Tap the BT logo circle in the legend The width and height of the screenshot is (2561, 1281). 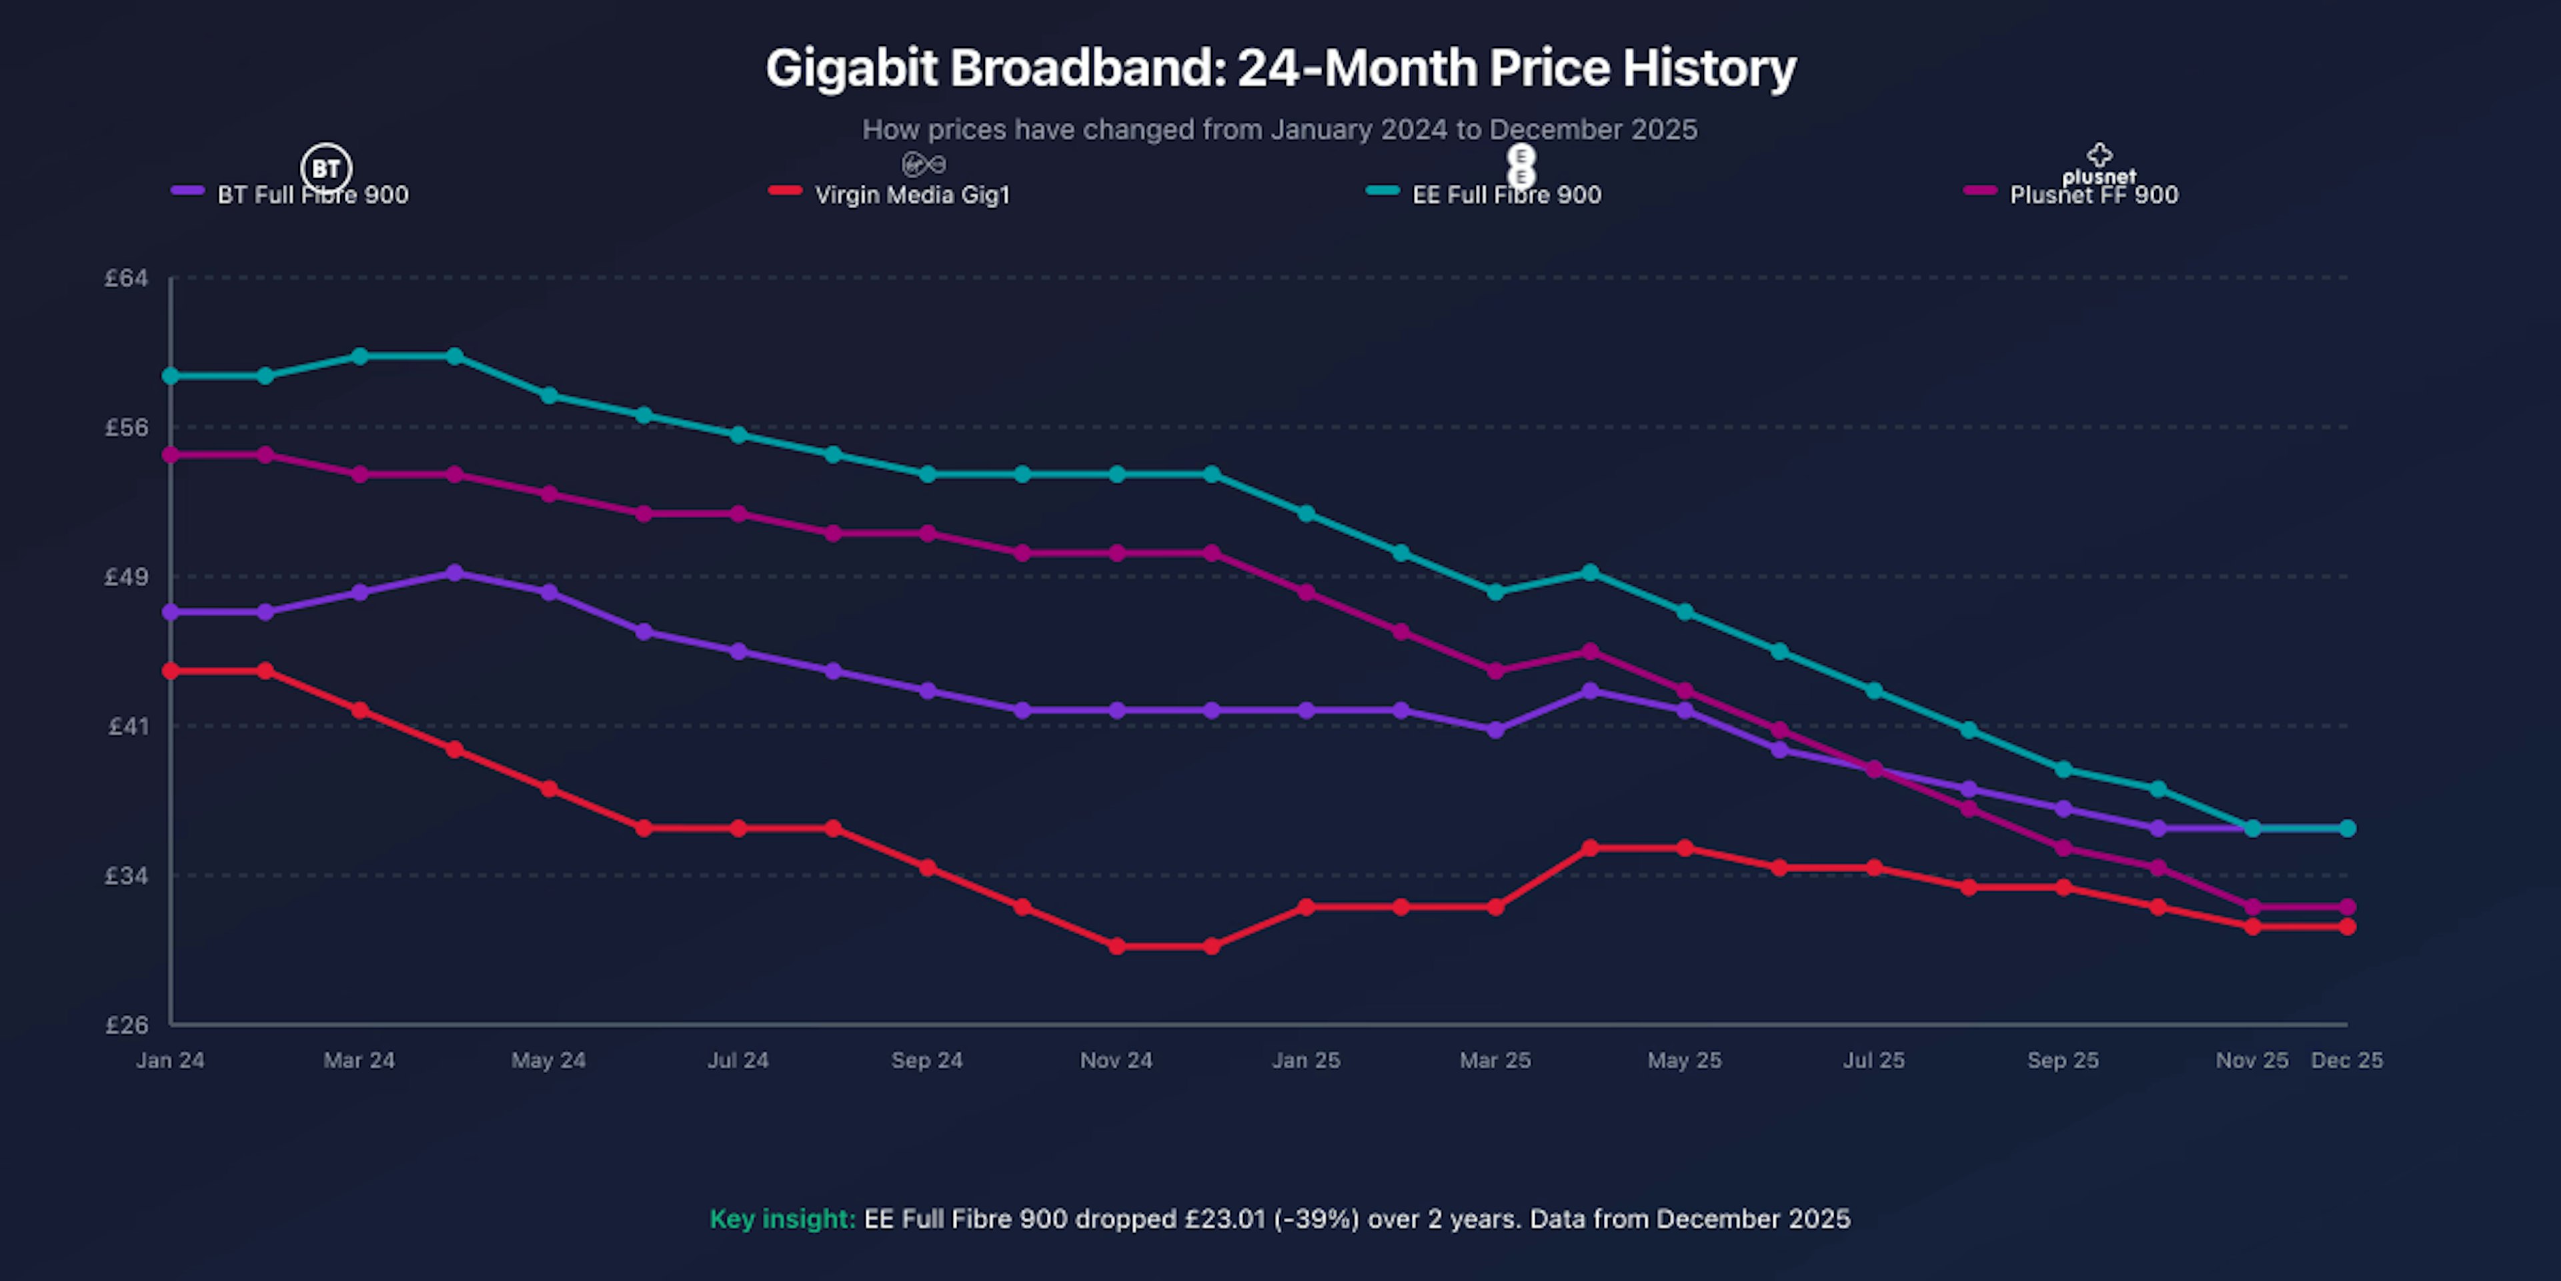pyautogui.click(x=326, y=168)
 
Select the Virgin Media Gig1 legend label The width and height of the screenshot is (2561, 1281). pyautogui.click(x=912, y=195)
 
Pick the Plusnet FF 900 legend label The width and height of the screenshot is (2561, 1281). pyautogui.click(x=2093, y=195)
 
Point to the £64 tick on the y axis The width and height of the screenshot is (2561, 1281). pyautogui.click(x=126, y=278)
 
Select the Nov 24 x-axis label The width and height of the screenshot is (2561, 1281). pyautogui.click(x=1116, y=1060)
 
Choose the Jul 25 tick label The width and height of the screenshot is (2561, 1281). pyautogui.click(x=1874, y=1060)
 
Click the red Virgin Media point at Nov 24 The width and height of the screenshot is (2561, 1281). pyautogui.click(x=1116, y=946)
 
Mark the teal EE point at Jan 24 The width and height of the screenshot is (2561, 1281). pyautogui.click(x=171, y=376)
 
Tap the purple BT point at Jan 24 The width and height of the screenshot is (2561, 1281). pyautogui.click(x=171, y=612)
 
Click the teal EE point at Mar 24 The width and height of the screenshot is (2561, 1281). pyautogui.click(x=360, y=356)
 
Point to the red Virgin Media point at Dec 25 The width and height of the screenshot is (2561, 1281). pyautogui.click(x=2348, y=927)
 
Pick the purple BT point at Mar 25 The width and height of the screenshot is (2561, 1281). pyautogui.click(x=1495, y=730)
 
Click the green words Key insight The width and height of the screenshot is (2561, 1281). pyautogui.click(x=782, y=1220)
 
